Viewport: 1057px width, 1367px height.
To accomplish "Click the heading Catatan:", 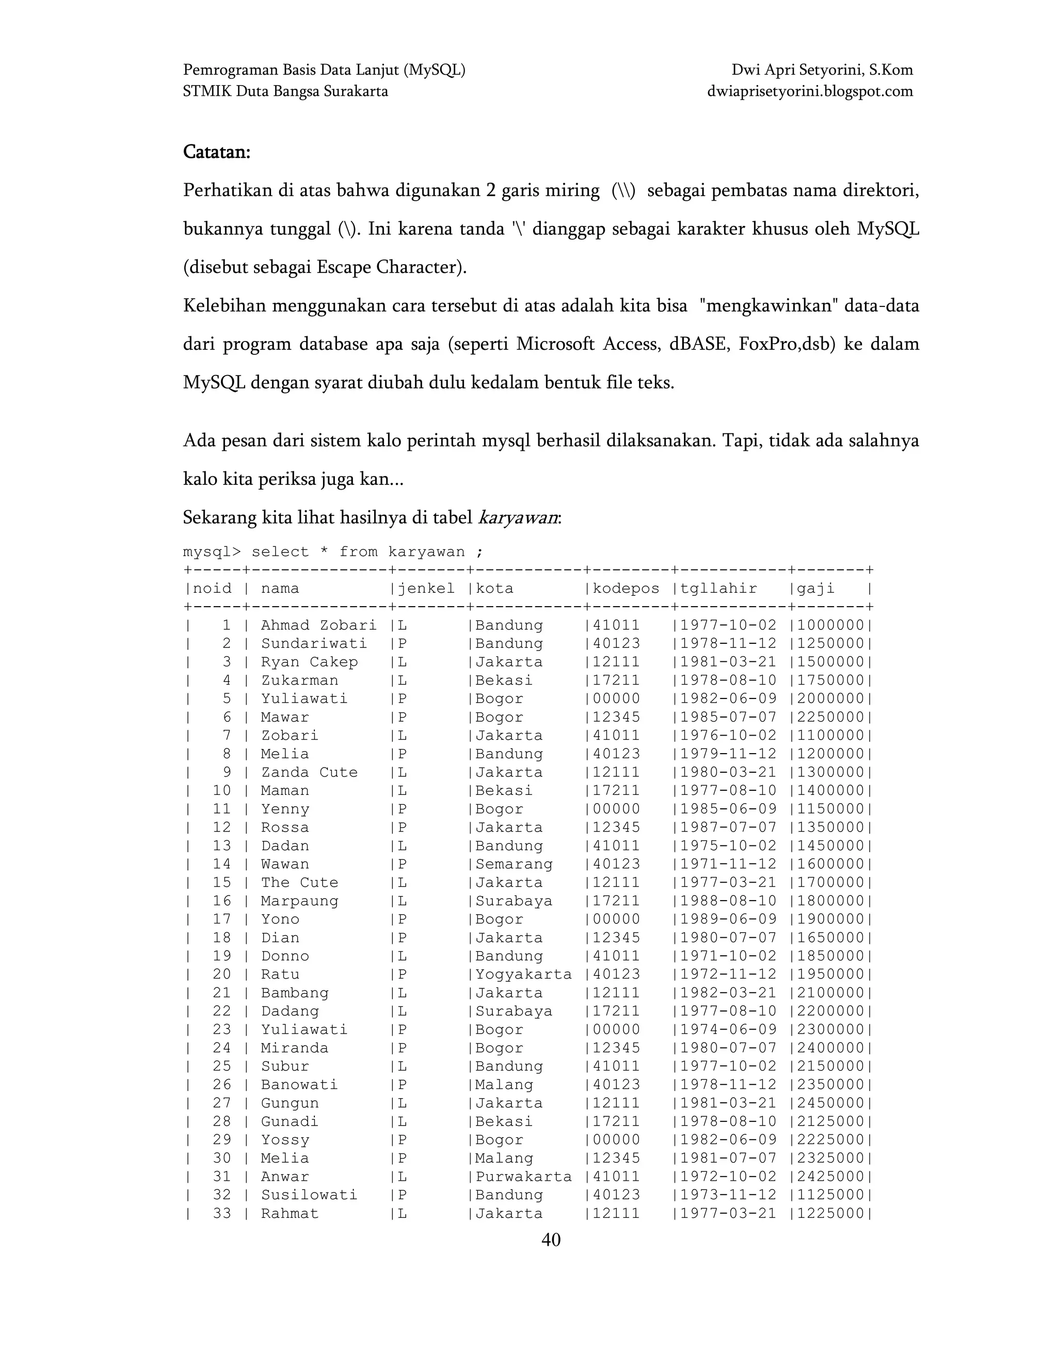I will (216, 152).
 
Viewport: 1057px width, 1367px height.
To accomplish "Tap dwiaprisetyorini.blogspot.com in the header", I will (810, 91).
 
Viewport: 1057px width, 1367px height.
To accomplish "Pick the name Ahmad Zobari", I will (319, 625).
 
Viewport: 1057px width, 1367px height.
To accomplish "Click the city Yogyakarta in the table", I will (523, 974).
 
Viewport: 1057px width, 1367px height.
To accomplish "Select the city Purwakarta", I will (523, 1177).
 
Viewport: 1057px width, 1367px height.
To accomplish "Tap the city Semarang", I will (514, 865).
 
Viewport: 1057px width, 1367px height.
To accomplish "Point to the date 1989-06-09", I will (728, 919).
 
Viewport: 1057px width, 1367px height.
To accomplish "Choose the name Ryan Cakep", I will (309, 662).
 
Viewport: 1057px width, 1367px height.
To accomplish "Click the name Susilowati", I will (309, 1195).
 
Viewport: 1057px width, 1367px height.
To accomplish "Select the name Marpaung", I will (299, 901).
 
